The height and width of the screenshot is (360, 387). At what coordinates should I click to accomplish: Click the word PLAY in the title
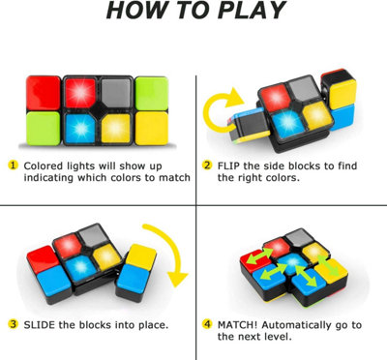[x=252, y=10]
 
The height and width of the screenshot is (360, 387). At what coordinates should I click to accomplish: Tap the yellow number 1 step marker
[x=13, y=165]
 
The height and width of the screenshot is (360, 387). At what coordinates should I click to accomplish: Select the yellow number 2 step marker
[x=207, y=165]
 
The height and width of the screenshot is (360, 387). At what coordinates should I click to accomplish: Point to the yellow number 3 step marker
[x=13, y=324]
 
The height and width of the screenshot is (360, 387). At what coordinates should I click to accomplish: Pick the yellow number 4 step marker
[x=207, y=324]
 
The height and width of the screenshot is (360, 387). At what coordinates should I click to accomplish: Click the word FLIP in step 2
[x=228, y=165]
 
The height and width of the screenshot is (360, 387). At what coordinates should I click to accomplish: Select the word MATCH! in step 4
[x=238, y=324]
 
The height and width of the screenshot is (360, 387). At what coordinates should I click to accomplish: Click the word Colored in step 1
[x=44, y=165]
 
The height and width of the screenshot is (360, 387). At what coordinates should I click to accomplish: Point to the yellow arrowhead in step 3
[x=178, y=278]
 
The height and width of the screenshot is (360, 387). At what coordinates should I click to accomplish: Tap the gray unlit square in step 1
[x=116, y=93]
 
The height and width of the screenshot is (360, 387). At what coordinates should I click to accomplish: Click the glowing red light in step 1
[x=80, y=93]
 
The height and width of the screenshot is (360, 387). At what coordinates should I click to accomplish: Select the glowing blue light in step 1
[x=80, y=129]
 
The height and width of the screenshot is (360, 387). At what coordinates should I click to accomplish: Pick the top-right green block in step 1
[x=152, y=93]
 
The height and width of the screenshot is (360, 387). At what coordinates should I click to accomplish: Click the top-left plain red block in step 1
[x=44, y=93]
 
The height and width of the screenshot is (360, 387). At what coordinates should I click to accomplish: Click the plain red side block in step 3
[x=43, y=258]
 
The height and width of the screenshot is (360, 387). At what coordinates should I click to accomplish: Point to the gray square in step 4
[x=299, y=238]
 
